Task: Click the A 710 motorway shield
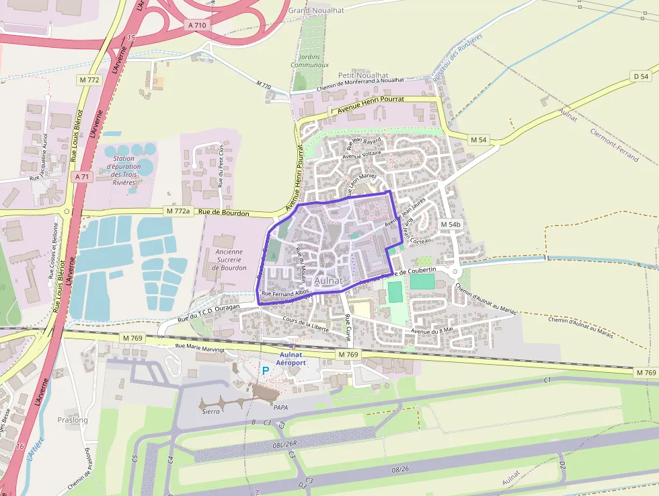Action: [197, 25]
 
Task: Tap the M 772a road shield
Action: [178, 211]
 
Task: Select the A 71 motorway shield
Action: [81, 176]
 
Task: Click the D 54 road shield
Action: [642, 77]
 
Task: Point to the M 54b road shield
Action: [451, 224]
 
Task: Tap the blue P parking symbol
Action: [266, 370]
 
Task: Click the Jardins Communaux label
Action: [309, 61]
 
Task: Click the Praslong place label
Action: [73, 420]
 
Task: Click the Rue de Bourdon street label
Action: [224, 213]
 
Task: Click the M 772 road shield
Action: [89, 80]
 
